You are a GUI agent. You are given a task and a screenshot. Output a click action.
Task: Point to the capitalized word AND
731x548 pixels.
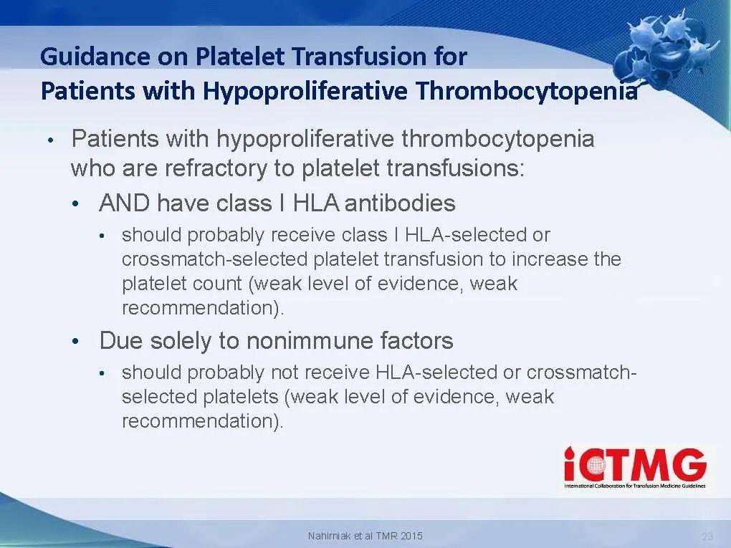(125, 203)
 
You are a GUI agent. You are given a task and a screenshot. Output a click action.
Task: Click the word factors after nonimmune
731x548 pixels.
(416, 340)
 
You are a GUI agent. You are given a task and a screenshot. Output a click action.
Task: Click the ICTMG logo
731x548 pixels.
(635, 468)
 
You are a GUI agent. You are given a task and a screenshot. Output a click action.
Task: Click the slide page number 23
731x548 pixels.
(707, 537)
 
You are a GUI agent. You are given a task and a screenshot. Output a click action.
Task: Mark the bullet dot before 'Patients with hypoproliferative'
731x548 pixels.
(50, 139)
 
